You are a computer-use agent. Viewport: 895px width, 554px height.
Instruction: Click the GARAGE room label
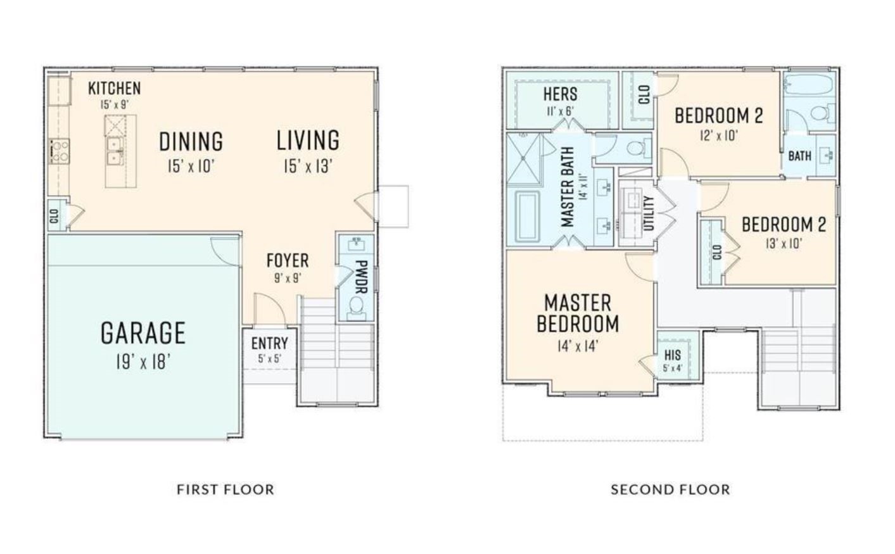click(143, 333)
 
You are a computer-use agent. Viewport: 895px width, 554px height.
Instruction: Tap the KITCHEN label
click(114, 88)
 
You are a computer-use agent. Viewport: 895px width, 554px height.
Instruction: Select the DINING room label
click(191, 141)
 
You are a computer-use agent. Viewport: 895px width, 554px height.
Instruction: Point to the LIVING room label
click(308, 140)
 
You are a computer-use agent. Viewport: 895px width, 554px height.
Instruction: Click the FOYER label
click(288, 261)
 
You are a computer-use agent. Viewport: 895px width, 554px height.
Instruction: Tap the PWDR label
click(361, 277)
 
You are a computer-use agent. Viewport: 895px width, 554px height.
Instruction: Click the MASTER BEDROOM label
click(578, 313)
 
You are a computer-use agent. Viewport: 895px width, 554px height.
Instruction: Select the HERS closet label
click(560, 94)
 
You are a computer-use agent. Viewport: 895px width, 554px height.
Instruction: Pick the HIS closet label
click(673, 355)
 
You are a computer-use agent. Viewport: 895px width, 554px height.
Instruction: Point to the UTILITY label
click(649, 213)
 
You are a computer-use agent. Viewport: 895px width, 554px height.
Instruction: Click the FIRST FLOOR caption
click(225, 489)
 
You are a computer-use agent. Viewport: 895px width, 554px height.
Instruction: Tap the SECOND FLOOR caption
click(670, 489)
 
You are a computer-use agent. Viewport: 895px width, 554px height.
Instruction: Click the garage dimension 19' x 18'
click(143, 363)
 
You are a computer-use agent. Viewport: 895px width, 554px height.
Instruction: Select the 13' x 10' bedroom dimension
click(783, 243)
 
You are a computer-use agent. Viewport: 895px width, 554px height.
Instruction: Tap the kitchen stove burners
click(59, 151)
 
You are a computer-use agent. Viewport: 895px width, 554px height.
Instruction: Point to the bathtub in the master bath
click(527, 217)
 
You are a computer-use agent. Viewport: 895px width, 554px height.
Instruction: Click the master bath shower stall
click(523, 160)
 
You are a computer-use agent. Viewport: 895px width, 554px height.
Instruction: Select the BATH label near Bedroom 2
click(800, 156)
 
